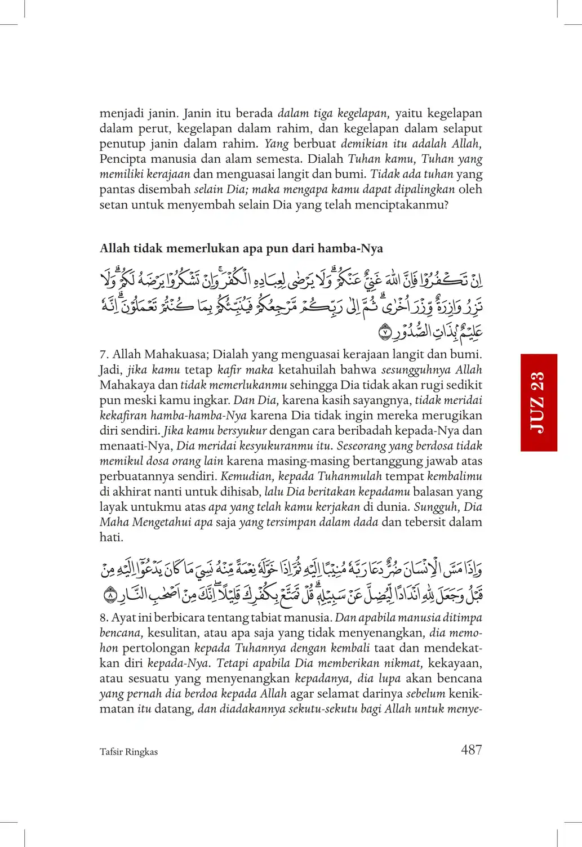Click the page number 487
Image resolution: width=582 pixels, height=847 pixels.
[471, 750]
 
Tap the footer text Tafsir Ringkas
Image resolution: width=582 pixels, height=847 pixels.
[128, 752]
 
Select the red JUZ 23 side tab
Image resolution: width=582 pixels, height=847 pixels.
[539, 402]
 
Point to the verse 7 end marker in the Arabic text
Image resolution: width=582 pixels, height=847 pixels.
[384, 332]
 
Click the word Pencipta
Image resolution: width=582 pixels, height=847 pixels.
[123, 159]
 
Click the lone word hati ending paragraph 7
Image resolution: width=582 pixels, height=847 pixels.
[111, 537]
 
